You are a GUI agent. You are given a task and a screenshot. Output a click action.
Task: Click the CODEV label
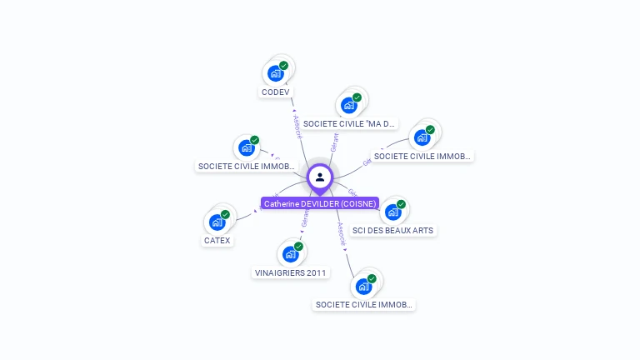tap(275, 92)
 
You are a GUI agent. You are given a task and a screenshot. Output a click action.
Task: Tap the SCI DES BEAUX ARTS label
tap(393, 230)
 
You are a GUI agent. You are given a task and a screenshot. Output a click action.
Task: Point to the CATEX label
tap(217, 241)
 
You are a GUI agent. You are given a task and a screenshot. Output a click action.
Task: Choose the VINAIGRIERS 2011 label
tap(291, 272)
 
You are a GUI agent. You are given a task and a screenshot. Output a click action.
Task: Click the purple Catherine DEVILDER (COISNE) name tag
tap(320, 202)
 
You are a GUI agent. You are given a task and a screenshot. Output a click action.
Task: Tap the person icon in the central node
tap(320, 177)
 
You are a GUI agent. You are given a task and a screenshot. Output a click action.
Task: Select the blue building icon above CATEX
tap(216, 222)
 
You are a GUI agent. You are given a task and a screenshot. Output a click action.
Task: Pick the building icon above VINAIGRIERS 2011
tap(289, 254)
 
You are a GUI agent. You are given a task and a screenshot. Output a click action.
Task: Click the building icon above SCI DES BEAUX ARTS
tap(392, 212)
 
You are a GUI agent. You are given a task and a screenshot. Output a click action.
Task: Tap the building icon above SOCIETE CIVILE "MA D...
tap(348, 105)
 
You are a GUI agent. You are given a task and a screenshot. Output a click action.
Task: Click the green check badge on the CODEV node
tap(283, 65)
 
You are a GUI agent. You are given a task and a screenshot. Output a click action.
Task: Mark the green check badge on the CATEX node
tap(225, 214)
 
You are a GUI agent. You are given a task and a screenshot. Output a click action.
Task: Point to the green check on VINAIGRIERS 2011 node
tap(298, 246)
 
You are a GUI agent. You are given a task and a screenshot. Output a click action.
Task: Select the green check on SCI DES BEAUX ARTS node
tap(401, 204)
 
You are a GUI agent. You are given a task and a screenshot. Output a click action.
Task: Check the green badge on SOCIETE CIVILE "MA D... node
tap(357, 97)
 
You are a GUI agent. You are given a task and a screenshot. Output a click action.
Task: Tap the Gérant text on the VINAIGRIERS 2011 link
tap(305, 218)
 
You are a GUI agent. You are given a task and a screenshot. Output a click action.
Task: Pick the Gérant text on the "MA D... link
tap(334, 141)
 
